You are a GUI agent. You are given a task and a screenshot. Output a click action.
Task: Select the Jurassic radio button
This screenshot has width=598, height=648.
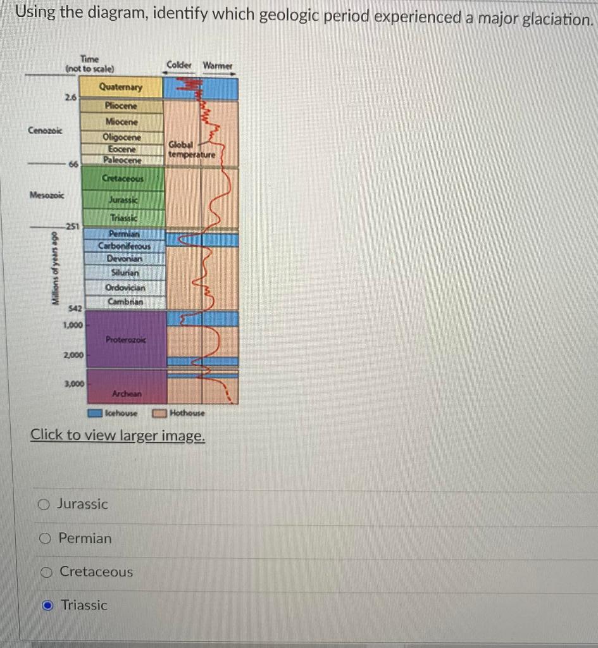[x=44, y=504]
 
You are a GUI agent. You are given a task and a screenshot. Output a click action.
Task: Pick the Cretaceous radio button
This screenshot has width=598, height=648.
[x=46, y=572]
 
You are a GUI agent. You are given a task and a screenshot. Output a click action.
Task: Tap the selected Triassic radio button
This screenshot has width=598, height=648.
[x=47, y=606]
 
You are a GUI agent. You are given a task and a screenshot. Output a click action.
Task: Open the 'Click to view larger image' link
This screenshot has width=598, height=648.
[x=118, y=435]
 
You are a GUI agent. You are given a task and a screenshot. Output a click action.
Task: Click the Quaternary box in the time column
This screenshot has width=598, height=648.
[x=121, y=87]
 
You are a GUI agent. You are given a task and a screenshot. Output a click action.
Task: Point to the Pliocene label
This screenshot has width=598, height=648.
[x=121, y=106]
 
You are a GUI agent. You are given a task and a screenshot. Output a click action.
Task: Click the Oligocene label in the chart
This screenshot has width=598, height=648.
[x=121, y=137]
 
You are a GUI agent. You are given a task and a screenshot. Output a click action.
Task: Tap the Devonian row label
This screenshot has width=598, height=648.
[x=125, y=259]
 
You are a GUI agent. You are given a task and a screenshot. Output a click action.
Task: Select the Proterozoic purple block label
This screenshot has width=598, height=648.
[x=125, y=340]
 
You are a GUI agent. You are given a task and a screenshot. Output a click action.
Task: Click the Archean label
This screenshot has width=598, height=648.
[x=127, y=394]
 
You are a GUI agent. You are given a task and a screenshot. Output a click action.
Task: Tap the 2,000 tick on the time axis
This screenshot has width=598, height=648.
[x=73, y=355]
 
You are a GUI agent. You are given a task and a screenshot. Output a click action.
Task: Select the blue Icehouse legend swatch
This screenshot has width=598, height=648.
[x=95, y=413]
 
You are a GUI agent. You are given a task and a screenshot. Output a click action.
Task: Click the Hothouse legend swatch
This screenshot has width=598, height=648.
[x=159, y=413]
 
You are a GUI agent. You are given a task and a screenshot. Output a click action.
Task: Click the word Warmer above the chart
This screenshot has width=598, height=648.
[x=218, y=65]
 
